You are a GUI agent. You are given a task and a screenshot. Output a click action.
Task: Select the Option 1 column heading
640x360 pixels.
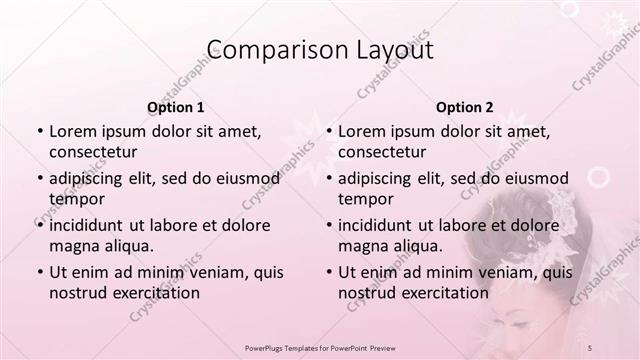[x=176, y=107]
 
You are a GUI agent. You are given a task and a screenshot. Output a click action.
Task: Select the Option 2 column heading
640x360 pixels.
[x=464, y=107]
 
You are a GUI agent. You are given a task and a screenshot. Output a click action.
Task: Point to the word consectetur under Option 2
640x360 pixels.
[x=382, y=152]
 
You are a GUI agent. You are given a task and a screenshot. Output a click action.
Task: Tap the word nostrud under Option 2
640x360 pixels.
[x=366, y=293]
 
